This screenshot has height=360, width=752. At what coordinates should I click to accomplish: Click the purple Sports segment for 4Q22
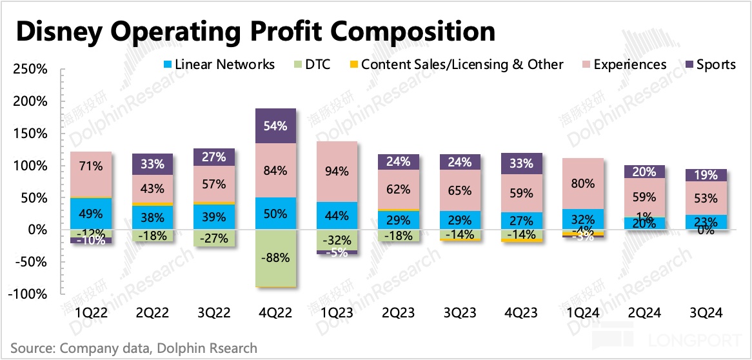(x=275, y=126)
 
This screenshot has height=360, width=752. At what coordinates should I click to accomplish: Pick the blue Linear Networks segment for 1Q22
(x=91, y=214)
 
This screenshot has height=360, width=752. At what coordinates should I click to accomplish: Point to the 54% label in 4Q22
(x=275, y=126)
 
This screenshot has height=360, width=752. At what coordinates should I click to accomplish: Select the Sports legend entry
(x=709, y=65)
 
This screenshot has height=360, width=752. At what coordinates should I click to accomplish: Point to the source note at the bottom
(x=134, y=348)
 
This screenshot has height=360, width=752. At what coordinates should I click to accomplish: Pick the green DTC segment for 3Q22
(x=214, y=239)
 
